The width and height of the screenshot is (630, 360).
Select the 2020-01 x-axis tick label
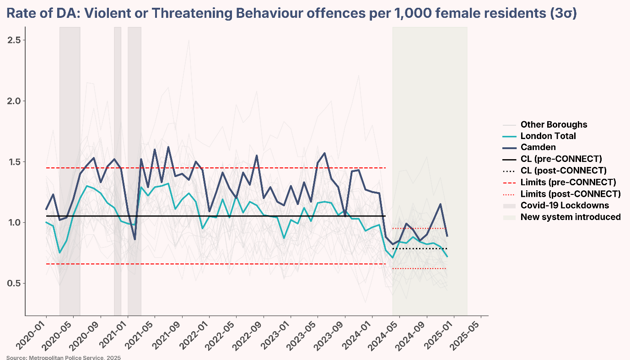pos(34,334)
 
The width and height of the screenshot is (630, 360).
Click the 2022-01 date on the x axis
pos(197,334)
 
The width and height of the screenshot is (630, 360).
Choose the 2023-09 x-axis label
pos(333,334)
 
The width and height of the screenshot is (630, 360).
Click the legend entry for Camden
pos(538,147)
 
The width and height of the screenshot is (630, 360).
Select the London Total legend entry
pos(548,136)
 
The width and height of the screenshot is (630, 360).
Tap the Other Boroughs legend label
pos(554,124)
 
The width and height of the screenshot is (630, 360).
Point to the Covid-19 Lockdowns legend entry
pos(565,205)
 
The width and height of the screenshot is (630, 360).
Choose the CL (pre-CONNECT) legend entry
pos(561,159)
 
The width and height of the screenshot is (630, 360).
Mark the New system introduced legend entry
pos(571,217)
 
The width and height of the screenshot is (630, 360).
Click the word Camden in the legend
pos(538,147)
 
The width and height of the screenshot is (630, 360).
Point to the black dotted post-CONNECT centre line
pos(419,248)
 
